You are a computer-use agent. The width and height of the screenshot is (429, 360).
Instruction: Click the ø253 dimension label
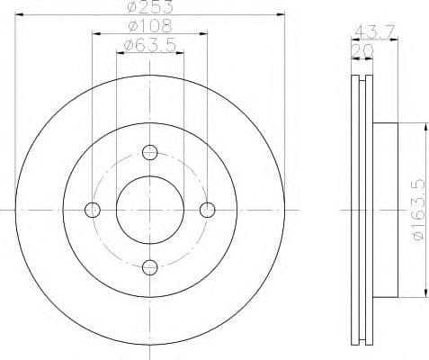(x=150, y=9)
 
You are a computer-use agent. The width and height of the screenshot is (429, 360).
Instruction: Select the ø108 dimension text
(x=150, y=27)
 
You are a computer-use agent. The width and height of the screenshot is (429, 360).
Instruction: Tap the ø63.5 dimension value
(x=150, y=44)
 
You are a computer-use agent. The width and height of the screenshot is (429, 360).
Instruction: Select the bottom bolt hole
(x=150, y=266)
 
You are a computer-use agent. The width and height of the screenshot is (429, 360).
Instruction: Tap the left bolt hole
(x=92, y=210)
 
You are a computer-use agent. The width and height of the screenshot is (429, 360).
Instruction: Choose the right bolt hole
(x=208, y=210)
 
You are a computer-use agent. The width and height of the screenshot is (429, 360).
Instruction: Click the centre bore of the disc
(x=150, y=209)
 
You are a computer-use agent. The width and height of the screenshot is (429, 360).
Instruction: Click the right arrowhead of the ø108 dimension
(x=206, y=33)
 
